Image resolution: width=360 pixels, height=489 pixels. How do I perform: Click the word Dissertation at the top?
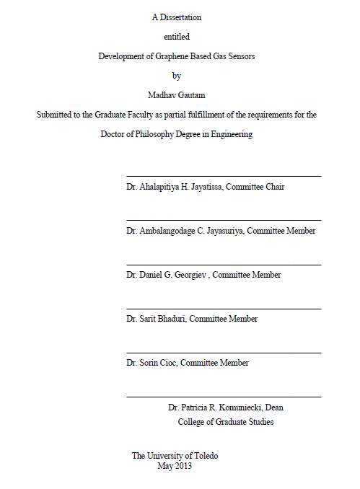click(180, 17)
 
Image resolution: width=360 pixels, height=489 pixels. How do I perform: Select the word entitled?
click(177, 36)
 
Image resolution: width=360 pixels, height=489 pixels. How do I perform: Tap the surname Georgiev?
click(188, 275)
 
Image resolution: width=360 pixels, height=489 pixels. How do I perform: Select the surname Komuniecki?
click(240, 407)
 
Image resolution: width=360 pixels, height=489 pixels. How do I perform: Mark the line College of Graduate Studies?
click(225, 422)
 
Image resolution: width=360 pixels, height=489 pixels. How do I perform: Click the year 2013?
click(183, 466)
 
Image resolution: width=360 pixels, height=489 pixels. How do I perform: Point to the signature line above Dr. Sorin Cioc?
click(224, 353)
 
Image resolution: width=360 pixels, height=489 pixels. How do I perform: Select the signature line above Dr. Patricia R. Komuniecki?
click(224, 397)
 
